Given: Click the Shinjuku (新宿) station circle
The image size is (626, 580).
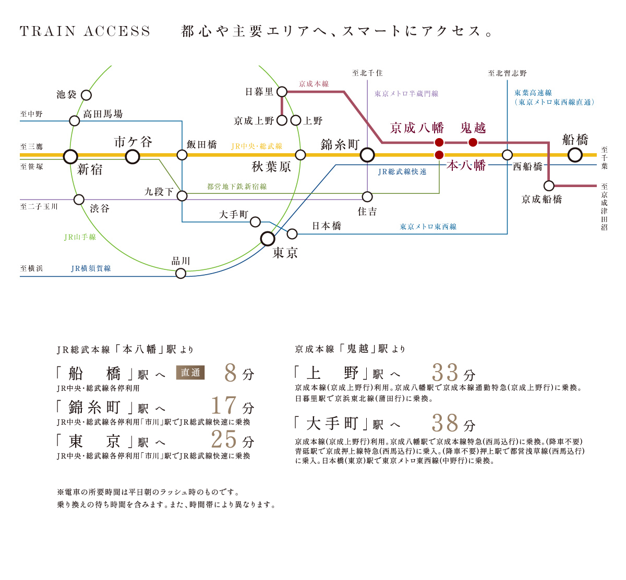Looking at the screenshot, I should click(70, 156).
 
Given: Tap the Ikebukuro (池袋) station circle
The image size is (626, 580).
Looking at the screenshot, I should click(87, 95).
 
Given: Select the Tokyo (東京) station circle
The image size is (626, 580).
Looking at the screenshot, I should click(268, 239).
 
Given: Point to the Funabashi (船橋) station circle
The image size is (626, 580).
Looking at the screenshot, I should click(575, 155).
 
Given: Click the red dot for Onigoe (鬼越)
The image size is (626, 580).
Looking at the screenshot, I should click(473, 142).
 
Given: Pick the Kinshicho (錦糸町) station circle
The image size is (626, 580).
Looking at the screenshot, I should click(367, 155).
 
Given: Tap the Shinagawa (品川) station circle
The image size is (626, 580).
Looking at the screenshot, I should click(180, 274).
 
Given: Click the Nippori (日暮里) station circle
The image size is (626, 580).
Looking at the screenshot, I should click(282, 92).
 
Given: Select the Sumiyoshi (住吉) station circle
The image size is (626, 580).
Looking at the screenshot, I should click(367, 196).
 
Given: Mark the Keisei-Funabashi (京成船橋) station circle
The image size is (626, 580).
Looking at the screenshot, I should click(549, 186).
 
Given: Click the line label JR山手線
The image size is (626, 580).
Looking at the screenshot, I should click(80, 237).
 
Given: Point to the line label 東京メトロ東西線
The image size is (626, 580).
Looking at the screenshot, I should click(428, 227).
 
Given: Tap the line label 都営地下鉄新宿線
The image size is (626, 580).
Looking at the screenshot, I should click(237, 187).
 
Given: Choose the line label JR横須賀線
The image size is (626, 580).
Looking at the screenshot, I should click(91, 268).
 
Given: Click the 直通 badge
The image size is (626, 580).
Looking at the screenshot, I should click(190, 373).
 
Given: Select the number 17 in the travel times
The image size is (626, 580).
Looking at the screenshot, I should click(224, 405).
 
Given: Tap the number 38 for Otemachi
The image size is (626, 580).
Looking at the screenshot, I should click(445, 423).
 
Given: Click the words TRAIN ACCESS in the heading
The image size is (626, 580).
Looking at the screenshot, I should click(85, 32).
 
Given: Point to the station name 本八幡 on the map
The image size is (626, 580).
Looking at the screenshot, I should click(466, 166).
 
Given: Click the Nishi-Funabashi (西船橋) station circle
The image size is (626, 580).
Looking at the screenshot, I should click(507, 155).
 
